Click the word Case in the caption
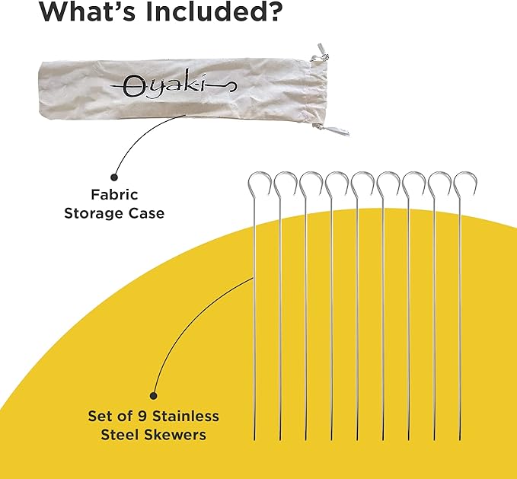[148, 213]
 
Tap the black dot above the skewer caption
[154, 395]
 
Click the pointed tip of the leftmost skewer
[255, 439]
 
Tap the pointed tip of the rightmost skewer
[461, 439]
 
